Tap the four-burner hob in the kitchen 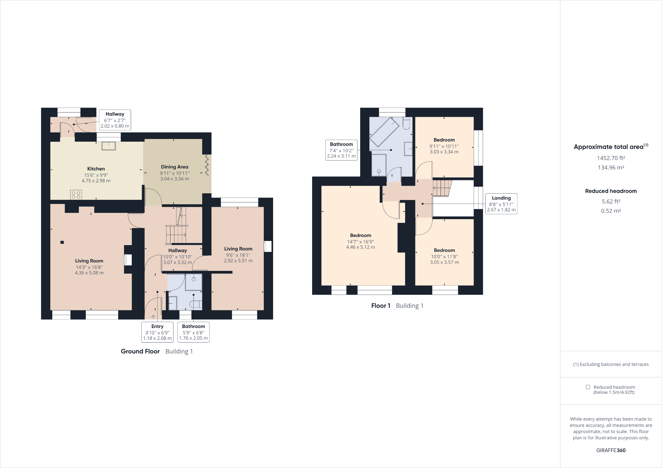coord(76,195)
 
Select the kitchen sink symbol coord(109,146)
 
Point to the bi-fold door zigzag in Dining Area coord(207,165)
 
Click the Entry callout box coord(157,332)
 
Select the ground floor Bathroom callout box coord(193,332)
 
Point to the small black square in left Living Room coord(62,242)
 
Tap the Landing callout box coord(501,204)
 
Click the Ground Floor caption coord(140,351)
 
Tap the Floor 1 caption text coord(381,306)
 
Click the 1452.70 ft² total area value coord(611,158)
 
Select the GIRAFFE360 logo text coord(611,450)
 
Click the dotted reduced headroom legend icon coord(588,387)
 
